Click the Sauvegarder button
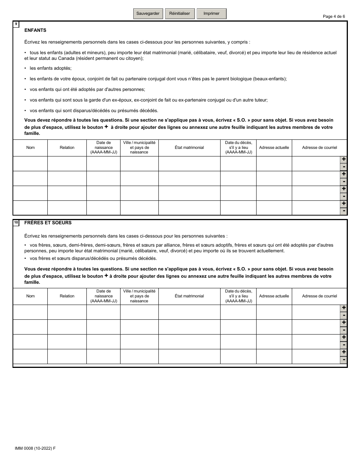pos(148,14)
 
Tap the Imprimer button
pos(211,14)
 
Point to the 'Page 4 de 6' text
pos(334,16)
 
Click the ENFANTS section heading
pos(35,30)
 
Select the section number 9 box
pos(16,25)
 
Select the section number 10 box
pos(16,223)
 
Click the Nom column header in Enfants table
pos(30,148)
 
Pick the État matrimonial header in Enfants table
pos(189,148)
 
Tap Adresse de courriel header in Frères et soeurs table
pos(319,296)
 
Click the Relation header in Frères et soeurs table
pos(67,296)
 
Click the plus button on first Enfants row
pos(344,160)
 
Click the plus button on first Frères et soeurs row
pos(344,308)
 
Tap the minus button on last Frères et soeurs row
pos(344,360)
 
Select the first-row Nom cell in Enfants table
pos(30,164)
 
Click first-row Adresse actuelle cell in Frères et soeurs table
pos(274,312)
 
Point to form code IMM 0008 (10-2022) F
pos(35,448)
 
